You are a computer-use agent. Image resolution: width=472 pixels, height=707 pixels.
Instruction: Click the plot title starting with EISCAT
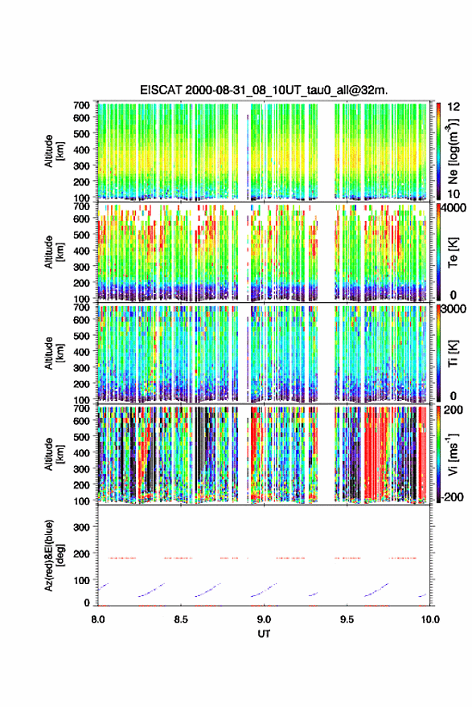pos(264,90)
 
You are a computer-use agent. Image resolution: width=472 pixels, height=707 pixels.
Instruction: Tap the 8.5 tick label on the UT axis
pos(181,619)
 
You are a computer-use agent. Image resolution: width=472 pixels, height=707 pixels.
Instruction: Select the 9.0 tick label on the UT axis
pos(264,619)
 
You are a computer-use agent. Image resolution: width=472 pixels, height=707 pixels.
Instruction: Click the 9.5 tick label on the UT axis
pos(347,619)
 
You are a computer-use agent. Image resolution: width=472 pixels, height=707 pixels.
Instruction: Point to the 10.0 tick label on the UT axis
pos(430,619)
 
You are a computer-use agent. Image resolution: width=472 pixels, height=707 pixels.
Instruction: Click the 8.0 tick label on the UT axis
pos(98,619)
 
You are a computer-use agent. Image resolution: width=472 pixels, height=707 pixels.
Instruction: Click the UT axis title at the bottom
pos(264,634)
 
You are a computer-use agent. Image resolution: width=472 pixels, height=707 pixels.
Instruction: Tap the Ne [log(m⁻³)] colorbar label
pos(453,151)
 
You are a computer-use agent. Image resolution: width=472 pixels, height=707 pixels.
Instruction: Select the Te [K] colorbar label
pos(453,252)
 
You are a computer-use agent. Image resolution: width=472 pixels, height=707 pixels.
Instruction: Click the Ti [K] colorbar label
pos(453,353)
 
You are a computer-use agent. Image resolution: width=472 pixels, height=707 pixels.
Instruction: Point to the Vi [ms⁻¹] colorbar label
pos(453,454)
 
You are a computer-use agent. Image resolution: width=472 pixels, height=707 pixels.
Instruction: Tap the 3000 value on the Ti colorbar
pos(454,309)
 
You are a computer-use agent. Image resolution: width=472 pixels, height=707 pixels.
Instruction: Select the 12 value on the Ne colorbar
pos(454,107)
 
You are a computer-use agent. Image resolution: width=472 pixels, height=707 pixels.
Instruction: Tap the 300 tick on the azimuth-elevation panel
pos(82,527)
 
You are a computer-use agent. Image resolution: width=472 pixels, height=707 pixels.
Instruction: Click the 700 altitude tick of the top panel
pos(82,105)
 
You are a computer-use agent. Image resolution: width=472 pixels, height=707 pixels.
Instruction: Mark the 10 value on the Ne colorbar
pos(454,194)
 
